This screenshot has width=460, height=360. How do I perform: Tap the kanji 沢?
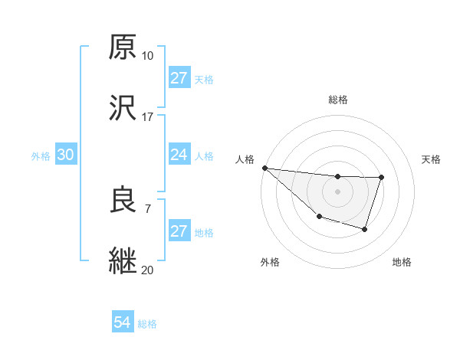123,108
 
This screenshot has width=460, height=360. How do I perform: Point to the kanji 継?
123,260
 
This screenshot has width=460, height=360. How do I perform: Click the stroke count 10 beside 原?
147,56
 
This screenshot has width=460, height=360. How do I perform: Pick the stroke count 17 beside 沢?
147,117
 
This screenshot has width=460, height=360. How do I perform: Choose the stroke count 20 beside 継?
147,270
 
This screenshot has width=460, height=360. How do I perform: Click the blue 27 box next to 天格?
179,78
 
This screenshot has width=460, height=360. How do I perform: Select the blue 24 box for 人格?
179,155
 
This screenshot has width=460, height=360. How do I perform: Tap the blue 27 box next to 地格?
179,231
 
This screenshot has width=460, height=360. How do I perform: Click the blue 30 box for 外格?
66,155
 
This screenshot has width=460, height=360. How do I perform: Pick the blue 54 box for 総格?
123,323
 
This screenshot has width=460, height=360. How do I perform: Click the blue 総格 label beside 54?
147,324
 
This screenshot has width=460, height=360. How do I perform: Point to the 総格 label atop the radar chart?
338,100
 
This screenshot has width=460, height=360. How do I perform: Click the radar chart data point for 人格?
264,168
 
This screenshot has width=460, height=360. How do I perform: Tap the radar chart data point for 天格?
381,178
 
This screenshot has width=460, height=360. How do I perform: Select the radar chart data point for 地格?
366,229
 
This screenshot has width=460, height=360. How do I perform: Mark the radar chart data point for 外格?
318,217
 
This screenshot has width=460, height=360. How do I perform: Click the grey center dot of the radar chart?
337,191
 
